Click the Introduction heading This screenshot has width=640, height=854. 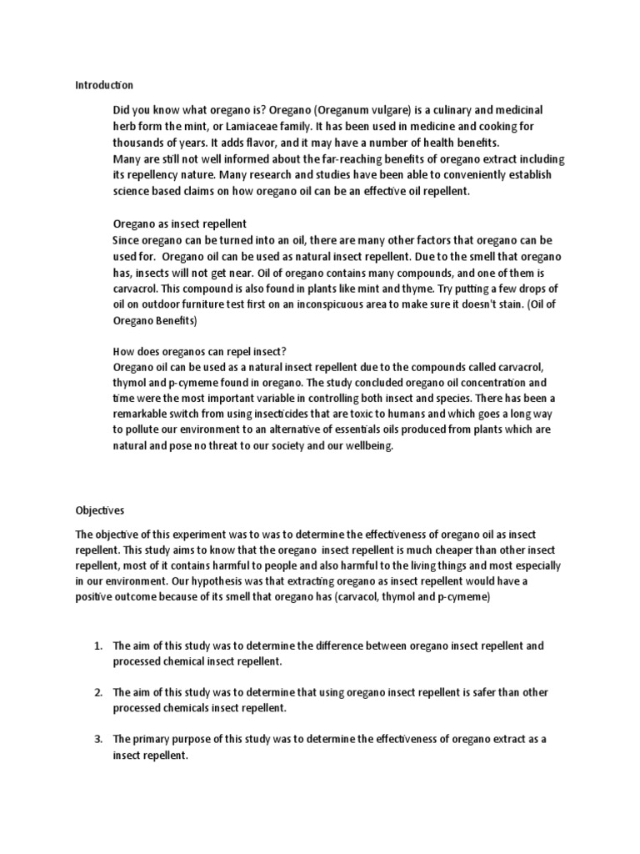tap(104, 85)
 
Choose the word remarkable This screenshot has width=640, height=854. tap(143, 414)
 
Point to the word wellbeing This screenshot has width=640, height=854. tap(363, 445)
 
